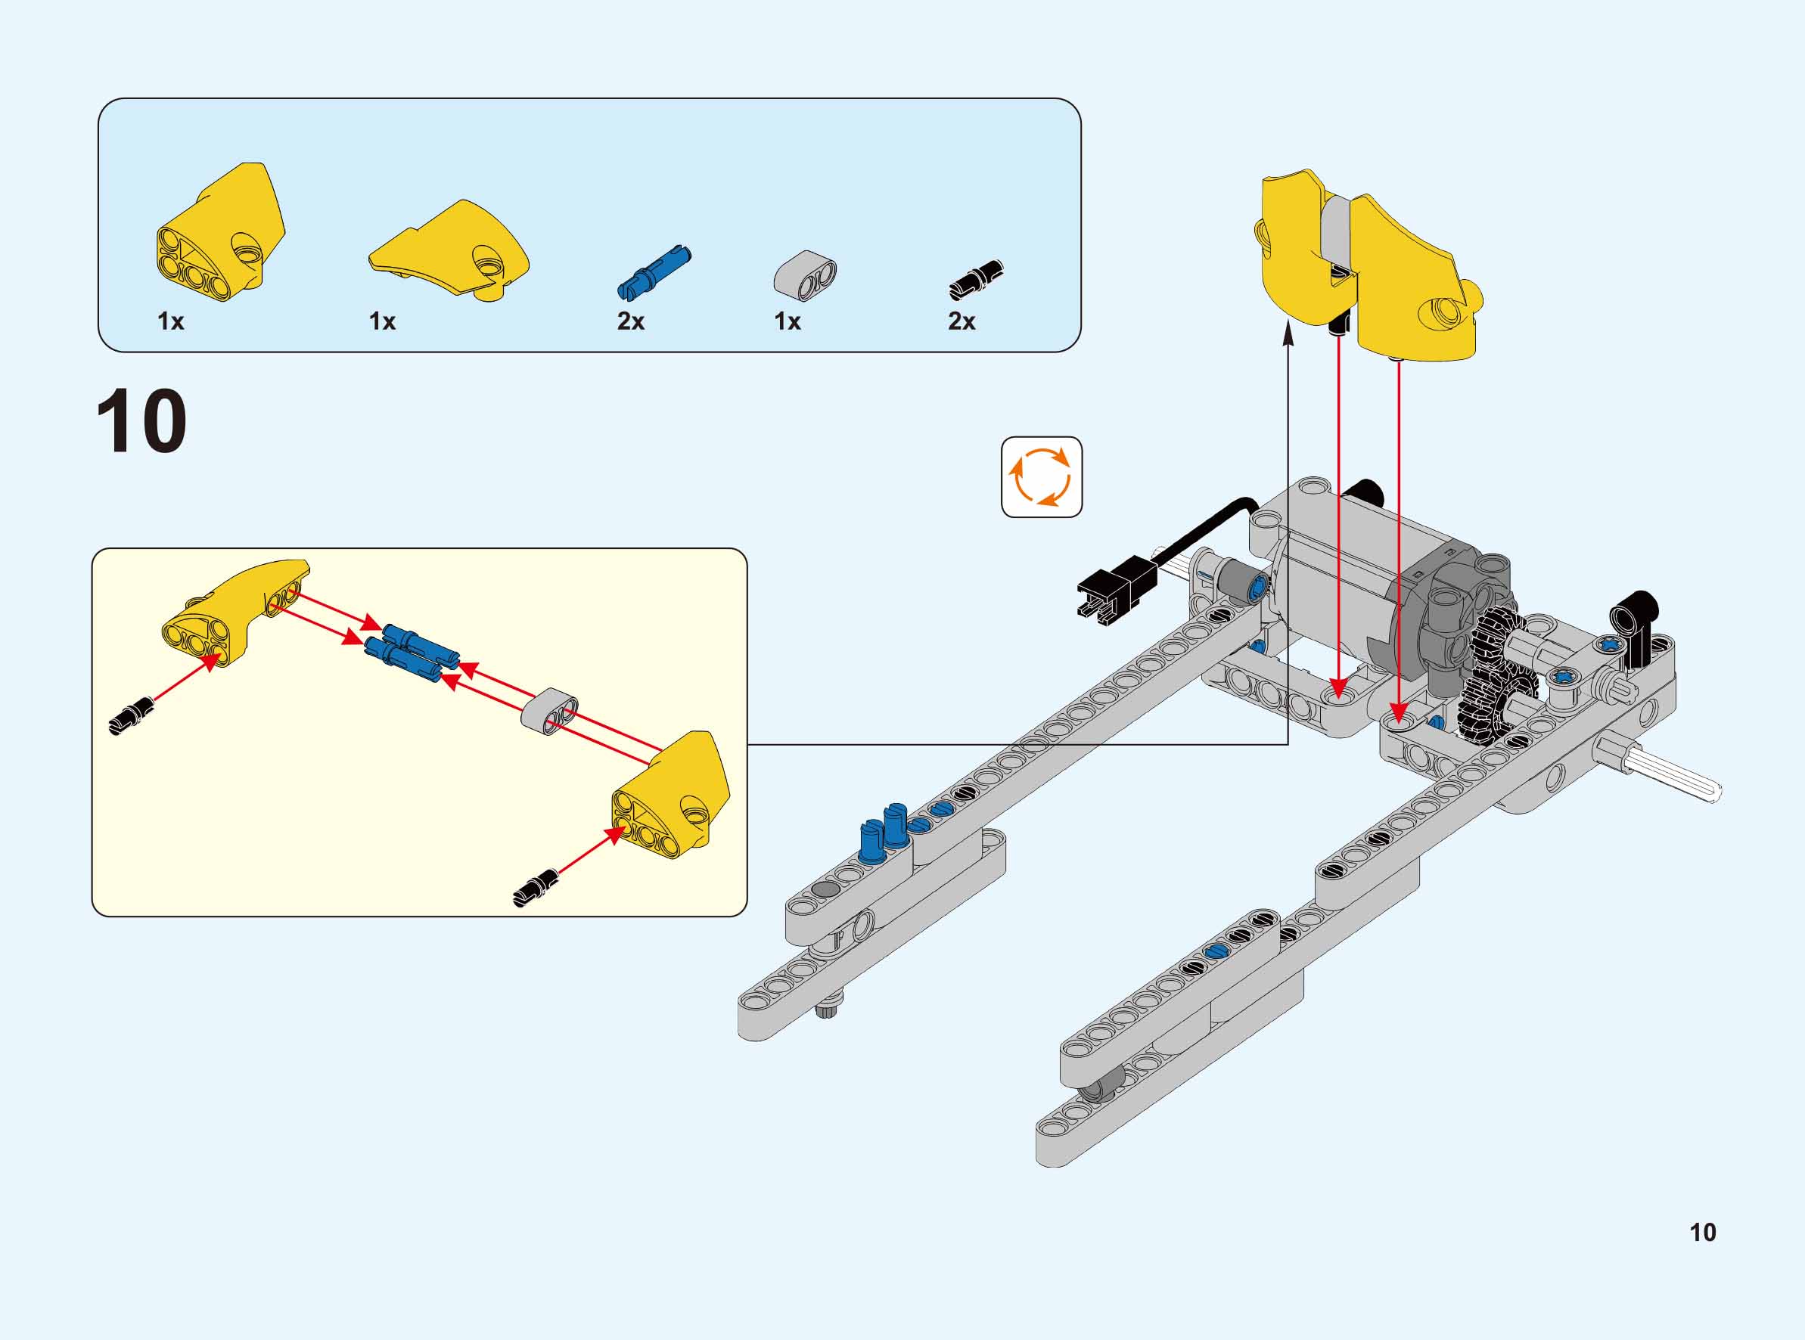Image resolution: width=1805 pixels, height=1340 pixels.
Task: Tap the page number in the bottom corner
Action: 1703,1232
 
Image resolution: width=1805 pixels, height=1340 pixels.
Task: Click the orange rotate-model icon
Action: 1042,477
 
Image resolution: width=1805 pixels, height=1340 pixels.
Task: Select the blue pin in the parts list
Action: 654,271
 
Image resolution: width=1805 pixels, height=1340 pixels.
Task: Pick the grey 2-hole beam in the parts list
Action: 805,275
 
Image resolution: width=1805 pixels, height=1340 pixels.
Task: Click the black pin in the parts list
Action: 976,280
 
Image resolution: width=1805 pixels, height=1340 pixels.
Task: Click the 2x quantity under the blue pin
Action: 630,321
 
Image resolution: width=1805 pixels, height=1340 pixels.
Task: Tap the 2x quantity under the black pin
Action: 962,321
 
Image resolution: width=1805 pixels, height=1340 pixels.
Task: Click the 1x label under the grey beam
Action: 787,321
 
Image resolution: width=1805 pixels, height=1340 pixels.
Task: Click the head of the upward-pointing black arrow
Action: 1288,334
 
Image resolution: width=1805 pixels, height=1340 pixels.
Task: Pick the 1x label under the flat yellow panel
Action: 382,321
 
